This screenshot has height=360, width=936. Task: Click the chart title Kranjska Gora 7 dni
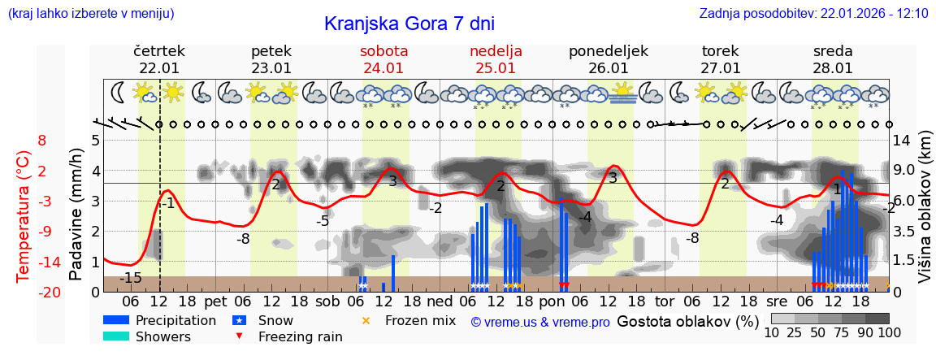[409, 24]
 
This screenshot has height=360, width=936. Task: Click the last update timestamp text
[813, 14]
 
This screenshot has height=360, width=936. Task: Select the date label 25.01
[496, 68]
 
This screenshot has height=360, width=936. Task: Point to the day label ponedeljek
[609, 51]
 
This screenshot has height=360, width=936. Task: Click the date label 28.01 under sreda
[833, 68]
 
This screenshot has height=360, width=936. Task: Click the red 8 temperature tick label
[42, 141]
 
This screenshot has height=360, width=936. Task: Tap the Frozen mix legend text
[420, 321]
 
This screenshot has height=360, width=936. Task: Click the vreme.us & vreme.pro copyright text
[540, 323]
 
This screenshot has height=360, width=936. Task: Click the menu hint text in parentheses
[91, 14]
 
